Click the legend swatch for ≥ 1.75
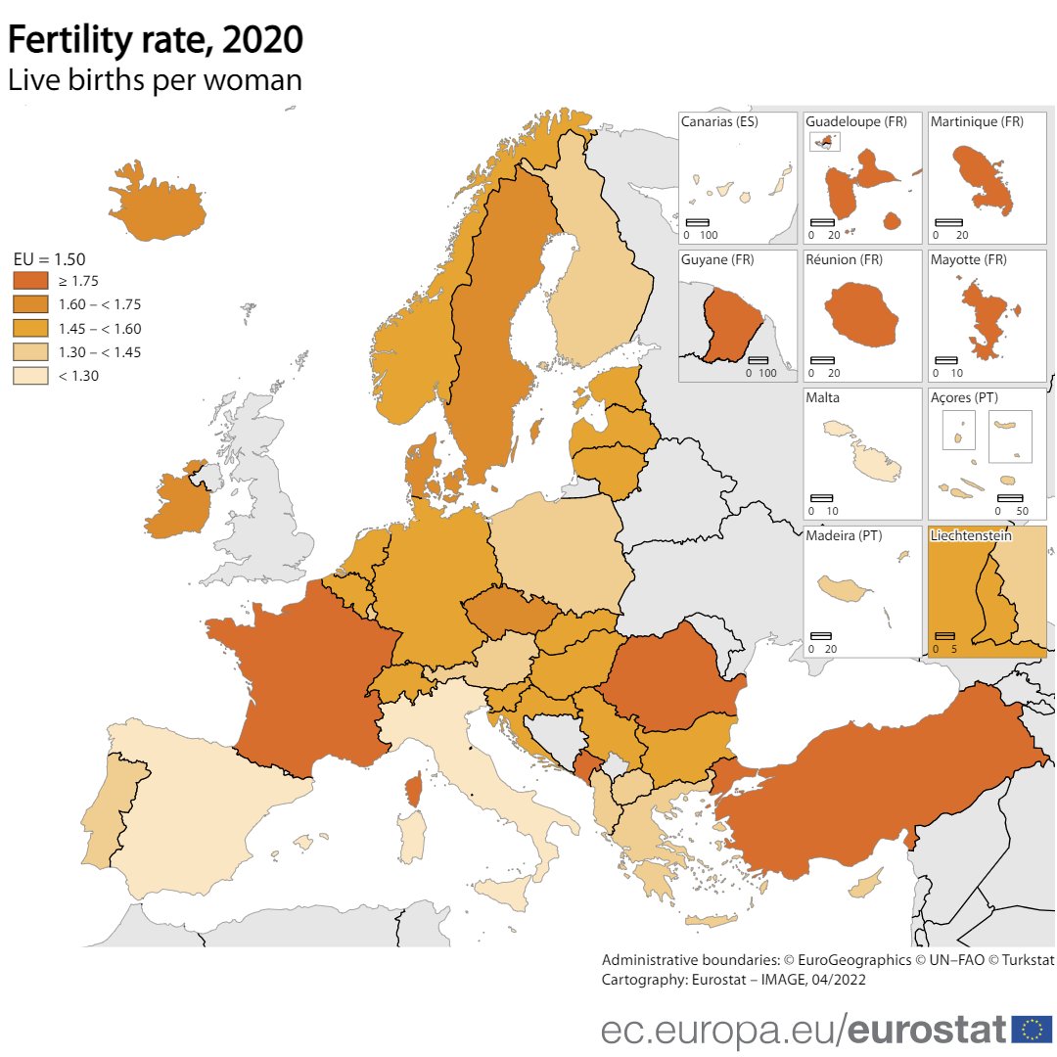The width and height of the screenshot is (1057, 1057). coord(29,281)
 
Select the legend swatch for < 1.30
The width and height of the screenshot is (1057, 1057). coord(29,375)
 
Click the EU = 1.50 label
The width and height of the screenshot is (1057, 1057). coord(49,259)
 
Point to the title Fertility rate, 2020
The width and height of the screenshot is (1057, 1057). coord(156,40)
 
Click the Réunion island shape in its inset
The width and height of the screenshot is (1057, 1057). coord(861,312)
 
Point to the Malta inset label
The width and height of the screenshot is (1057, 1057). coord(822,398)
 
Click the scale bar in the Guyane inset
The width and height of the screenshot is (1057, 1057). coord(758,360)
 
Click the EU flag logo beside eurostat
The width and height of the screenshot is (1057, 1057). coord(1031,1029)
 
